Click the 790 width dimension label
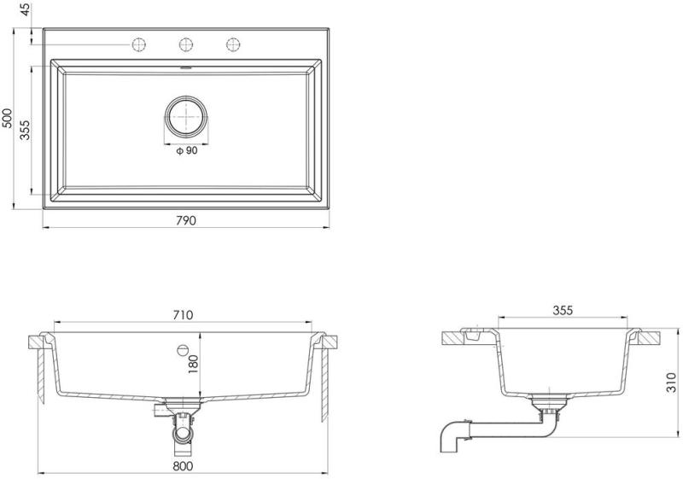pos(186,221)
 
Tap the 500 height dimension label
pos(8,118)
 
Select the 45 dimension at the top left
pos(26,9)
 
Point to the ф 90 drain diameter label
pos(186,150)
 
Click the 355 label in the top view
pos(26,130)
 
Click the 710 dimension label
pos(183,314)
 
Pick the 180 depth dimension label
pos(194,365)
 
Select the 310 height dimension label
pos(672,383)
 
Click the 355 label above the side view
pos(563,311)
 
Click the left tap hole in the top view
pos(138,44)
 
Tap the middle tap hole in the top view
pos(186,44)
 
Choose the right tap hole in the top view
pos(233,44)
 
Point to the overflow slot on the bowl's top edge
pos(186,67)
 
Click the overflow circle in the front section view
pos(183,349)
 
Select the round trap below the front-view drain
pos(183,434)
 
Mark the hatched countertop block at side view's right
pos(650,338)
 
